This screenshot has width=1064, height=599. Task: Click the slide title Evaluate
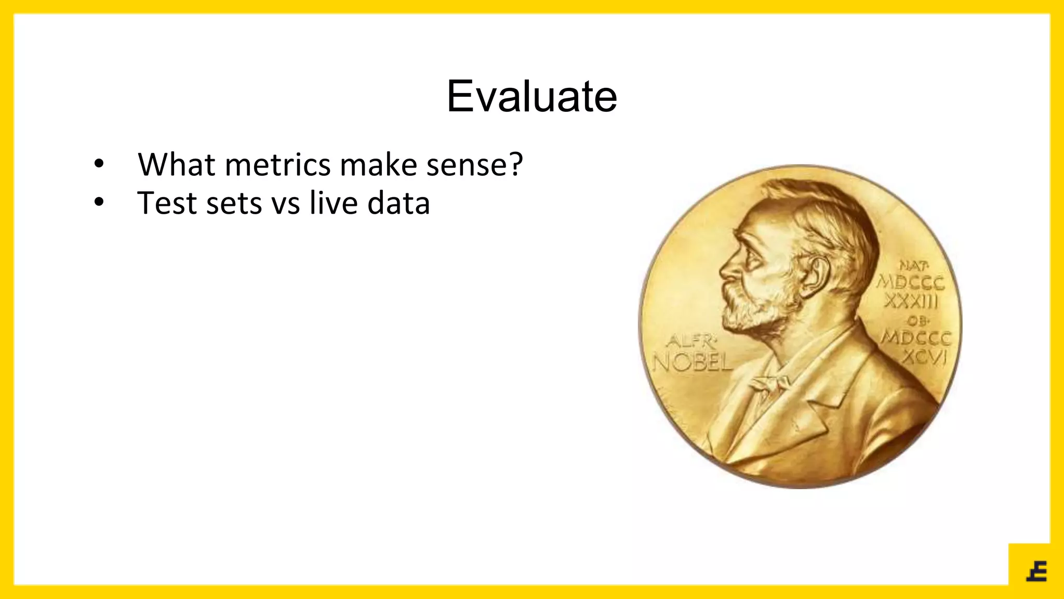(x=531, y=97)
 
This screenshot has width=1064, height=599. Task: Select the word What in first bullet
(x=176, y=165)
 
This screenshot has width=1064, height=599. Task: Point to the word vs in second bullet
(x=286, y=204)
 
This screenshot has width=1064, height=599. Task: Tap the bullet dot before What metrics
(x=99, y=165)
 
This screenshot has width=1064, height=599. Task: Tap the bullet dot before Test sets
(x=99, y=203)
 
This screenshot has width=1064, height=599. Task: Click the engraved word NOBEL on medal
(x=693, y=362)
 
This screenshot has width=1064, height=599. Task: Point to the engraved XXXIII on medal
(x=911, y=301)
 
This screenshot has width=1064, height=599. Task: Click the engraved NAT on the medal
(x=913, y=266)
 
